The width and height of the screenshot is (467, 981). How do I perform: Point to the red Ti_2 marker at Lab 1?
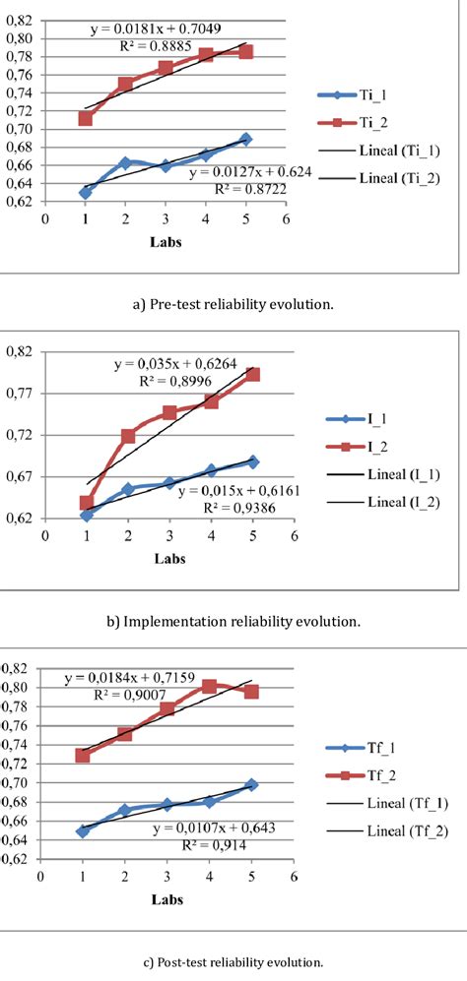(x=86, y=118)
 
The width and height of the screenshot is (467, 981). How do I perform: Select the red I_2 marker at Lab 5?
(x=252, y=374)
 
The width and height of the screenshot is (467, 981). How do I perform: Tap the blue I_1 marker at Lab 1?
(x=86, y=515)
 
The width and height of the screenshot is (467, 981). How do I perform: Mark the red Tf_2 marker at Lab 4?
(x=209, y=686)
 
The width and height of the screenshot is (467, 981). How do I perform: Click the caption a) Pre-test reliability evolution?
(x=233, y=304)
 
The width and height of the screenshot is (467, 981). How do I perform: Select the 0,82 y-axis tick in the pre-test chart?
(x=20, y=21)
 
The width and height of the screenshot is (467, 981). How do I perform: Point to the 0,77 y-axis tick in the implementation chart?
(x=20, y=393)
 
